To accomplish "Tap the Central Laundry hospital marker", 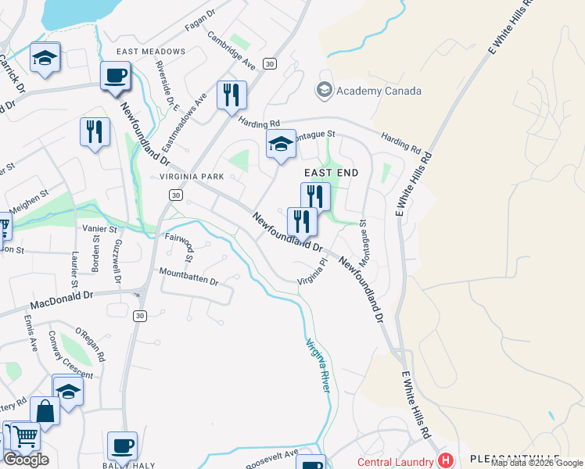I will point(445,460).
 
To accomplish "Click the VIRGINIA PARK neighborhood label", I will point(192,177).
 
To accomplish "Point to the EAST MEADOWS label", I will point(151,52).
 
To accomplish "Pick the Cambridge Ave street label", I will point(231,49).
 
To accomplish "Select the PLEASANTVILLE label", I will point(515,458).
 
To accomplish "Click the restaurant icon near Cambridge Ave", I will point(231,95).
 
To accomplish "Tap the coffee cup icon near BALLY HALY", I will point(122,446).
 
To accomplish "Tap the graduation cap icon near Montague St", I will point(281,144).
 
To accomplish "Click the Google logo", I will point(27,460).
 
